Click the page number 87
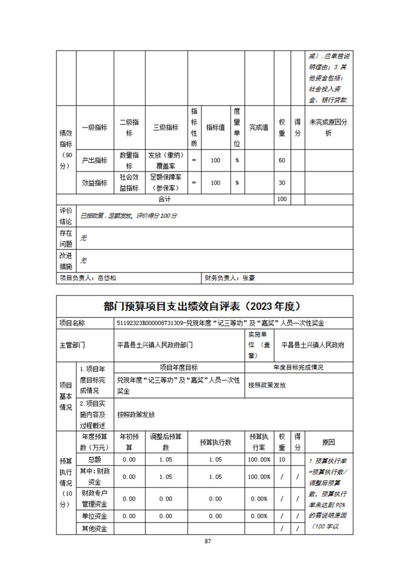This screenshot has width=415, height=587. click(208, 541)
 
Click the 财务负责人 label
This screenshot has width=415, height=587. click(222, 278)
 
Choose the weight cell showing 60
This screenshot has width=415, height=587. click(282, 160)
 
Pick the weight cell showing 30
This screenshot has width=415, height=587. click(282, 183)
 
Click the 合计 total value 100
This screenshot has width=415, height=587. click(282, 199)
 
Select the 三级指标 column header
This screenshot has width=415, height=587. click(165, 128)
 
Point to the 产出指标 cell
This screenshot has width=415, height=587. click(95, 160)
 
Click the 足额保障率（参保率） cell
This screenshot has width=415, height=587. click(165, 183)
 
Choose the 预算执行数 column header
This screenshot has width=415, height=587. click(215, 442)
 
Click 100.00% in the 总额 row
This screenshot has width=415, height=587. click(260, 459)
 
